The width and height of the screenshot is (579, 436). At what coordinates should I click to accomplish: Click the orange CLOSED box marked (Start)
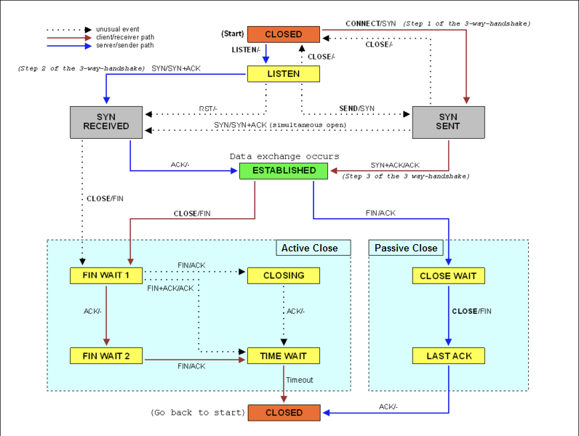[x=284, y=34]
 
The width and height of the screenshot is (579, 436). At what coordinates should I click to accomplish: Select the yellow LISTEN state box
[x=284, y=74]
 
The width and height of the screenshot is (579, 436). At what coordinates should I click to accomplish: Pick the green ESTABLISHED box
[x=284, y=171]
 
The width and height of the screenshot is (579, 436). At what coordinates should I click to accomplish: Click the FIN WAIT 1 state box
[x=106, y=275]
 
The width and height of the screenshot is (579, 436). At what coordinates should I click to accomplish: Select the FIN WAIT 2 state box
[x=106, y=356]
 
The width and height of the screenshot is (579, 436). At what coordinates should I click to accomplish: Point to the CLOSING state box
[x=284, y=275]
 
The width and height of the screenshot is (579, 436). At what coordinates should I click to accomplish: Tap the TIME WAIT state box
[x=284, y=356]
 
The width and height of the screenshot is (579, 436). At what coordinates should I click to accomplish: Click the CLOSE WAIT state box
[x=448, y=275]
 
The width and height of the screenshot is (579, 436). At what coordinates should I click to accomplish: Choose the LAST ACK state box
[x=448, y=356]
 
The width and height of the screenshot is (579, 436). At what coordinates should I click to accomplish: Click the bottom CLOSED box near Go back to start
[x=284, y=413]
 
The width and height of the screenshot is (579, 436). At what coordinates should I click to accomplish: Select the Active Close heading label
[x=310, y=248]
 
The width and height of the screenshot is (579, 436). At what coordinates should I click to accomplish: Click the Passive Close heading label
[x=406, y=248]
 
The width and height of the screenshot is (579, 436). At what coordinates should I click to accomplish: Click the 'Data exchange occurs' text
[x=284, y=156]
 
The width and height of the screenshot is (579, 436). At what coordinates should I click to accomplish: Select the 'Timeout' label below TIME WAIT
[x=300, y=380]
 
